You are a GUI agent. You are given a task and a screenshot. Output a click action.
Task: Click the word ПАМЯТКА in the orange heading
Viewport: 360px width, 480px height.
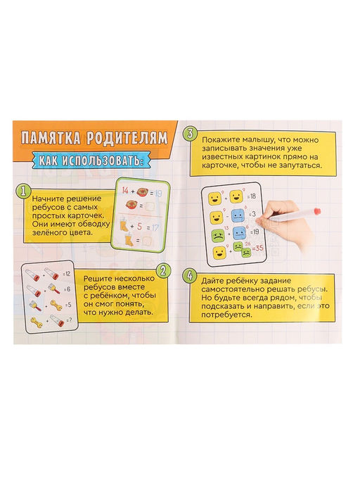pyautogui.click(x=51, y=138)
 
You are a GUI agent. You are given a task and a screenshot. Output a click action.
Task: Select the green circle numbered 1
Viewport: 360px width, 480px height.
pyautogui.click(x=24, y=191)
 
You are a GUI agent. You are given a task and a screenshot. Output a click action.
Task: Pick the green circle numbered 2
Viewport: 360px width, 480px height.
pyautogui.click(x=163, y=270)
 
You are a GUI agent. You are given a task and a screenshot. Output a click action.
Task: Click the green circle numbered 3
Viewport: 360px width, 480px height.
pyautogui.click(x=191, y=134)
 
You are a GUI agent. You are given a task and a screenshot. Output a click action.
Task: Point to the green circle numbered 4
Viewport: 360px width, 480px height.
pyautogui.click(x=189, y=276)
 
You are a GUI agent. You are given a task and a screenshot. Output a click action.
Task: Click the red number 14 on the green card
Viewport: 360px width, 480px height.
pyautogui.click(x=124, y=191)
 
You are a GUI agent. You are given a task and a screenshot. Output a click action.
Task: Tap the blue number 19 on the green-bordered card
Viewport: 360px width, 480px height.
pyautogui.click(x=158, y=194)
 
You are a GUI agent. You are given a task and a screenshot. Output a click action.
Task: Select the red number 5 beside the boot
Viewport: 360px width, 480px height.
pyautogui.click(x=139, y=227)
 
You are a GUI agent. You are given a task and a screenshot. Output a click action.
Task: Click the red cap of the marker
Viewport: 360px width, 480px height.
pyautogui.click(x=317, y=211)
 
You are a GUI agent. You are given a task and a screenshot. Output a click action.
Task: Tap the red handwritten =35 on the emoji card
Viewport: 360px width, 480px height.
pyautogui.click(x=258, y=248)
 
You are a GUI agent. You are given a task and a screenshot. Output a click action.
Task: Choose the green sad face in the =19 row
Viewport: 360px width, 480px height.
pyautogui.click(x=218, y=235)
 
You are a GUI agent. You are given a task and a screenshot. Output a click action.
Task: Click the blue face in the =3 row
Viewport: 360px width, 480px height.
pyautogui.click(x=238, y=216)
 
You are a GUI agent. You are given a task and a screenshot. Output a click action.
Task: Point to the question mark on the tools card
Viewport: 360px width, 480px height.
pyautogui.click(x=70, y=320)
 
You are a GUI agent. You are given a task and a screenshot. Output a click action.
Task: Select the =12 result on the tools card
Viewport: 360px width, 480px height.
pyautogui.click(x=66, y=274)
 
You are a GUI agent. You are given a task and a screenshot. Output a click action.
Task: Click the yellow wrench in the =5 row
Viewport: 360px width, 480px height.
pyautogui.click(x=56, y=305)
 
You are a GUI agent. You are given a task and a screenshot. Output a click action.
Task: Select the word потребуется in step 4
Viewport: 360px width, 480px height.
pyautogui.click(x=226, y=315)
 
